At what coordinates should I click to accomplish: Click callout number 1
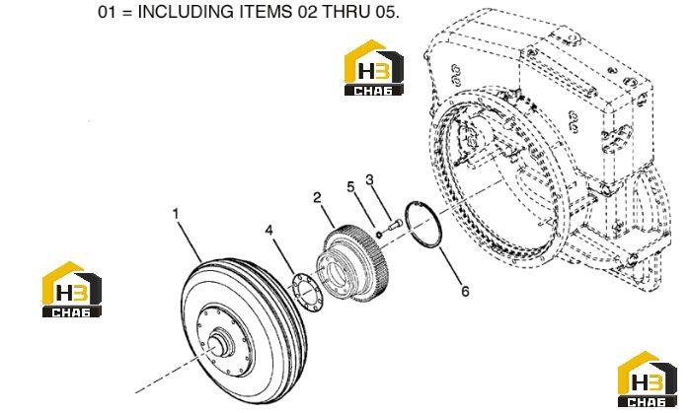tap(176, 214)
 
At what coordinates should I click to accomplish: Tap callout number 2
tap(317, 197)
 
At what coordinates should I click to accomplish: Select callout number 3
tap(369, 179)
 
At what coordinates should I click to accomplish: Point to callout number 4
tap(268, 230)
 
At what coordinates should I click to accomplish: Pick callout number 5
tap(350, 187)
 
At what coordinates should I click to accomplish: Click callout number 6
tap(465, 291)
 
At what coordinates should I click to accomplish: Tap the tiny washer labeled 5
tap(379, 233)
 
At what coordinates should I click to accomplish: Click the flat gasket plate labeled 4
tap(308, 293)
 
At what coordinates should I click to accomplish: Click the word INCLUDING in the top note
tap(187, 12)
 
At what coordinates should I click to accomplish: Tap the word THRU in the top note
tap(345, 12)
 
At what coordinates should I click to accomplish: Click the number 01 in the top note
tap(107, 12)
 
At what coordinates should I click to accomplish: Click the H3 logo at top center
tap(373, 68)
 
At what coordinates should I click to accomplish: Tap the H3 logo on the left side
tap(72, 289)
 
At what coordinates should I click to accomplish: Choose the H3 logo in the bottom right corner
tap(648, 379)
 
